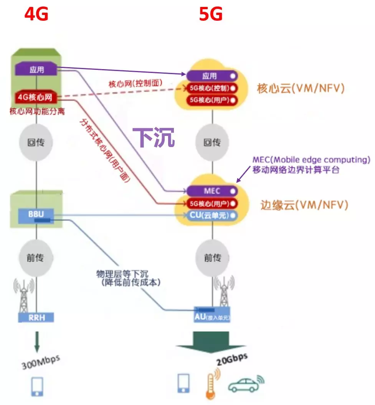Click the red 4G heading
click(x=36, y=15)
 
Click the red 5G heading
click(x=211, y=15)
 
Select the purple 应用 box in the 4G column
click(x=36, y=70)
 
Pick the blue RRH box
click(x=36, y=317)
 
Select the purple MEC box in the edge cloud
click(x=212, y=190)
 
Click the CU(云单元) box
click(x=212, y=215)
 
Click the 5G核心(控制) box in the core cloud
click(x=212, y=88)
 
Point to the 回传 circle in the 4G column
click(x=36, y=143)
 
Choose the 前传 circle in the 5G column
click(x=212, y=258)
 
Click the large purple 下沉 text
click(x=154, y=137)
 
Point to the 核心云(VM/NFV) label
click(x=301, y=88)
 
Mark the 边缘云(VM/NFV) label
click(x=303, y=205)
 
